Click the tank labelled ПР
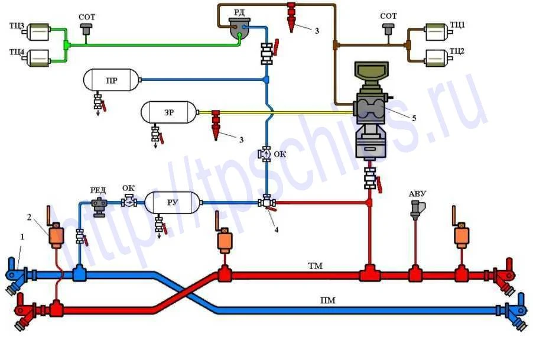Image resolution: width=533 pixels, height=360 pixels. (112, 80)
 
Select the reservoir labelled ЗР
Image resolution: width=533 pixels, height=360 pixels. (169, 112)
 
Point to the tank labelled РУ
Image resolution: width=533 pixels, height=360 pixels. (173, 203)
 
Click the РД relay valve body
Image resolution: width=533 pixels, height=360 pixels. (239, 28)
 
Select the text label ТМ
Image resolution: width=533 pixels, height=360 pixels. (315, 265)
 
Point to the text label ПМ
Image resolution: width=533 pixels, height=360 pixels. (328, 300)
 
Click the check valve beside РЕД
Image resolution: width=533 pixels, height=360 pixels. (129, 201)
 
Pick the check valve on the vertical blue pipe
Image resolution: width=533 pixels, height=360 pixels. (266, 154)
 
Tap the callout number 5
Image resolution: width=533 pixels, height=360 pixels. (414, 118)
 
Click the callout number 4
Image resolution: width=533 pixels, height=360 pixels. (277, 230)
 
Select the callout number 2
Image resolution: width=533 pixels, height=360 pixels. (29, 217)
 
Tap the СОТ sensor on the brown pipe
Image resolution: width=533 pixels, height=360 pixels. (388, 28)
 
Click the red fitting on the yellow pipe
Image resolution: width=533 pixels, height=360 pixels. (216, 125)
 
